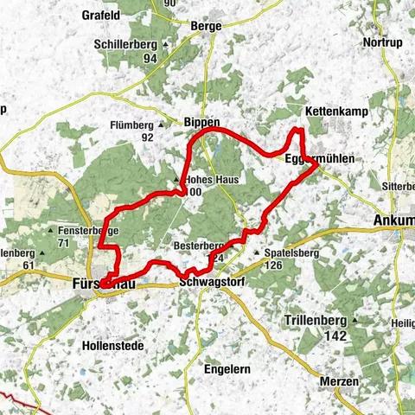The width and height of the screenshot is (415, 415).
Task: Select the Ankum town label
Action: (394, 221)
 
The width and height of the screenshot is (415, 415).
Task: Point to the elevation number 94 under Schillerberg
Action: (150, 58)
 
